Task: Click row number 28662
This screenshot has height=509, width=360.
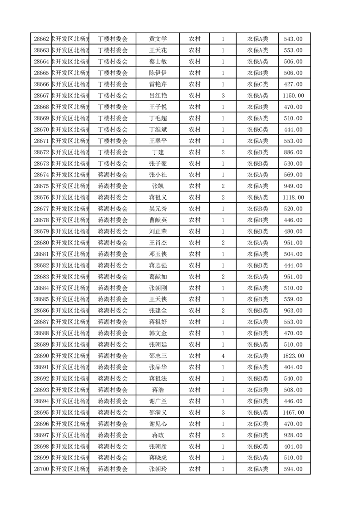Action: pyautogui.click(x=41, y=39)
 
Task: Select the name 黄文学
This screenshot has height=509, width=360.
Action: pyautogui.click(x=158, y=39)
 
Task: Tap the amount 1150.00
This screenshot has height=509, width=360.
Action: pyautogui.click(x=293, y=96)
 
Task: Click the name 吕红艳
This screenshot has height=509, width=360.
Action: pyautogui.click(x=158, y=96)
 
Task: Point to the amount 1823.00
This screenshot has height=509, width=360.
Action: pyautogui.click(x=293, y=356)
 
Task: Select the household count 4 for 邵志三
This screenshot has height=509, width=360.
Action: pyautogui.click(x=223, y=356)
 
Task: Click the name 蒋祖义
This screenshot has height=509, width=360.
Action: pyautogui.click(x=158, y=197)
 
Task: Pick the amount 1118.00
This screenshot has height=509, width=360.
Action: pyautogui.click(x=293, y=197)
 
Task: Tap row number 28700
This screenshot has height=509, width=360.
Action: pyautogui.click(x=41, y=469)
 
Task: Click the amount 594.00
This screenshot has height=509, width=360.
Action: pyautogui.click(x=293, y=469)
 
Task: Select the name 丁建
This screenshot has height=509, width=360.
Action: pyautogui.click(x=158, y=152)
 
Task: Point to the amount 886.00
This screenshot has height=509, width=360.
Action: pyautogui.click(x=293, y=152)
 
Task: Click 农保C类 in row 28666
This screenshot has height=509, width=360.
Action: pyautogui.click(x=257, y=84)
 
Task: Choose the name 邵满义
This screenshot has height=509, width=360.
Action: pyautogui.click(x=158, y=412)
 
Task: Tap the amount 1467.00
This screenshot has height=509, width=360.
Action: pyautogui.click(x=293, y=412)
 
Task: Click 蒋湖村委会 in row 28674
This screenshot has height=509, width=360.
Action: pyautogui.click(x=113, y=175)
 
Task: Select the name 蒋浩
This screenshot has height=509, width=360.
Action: pyautogui.click(x=158, y=390)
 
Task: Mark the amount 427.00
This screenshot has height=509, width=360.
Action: pyautogui.click(x=293, y=84)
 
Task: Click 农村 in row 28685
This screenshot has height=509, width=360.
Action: pyautogui.click(x=195, y=299)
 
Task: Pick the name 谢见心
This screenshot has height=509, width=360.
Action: pyautogui.click(x=158, y=424)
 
